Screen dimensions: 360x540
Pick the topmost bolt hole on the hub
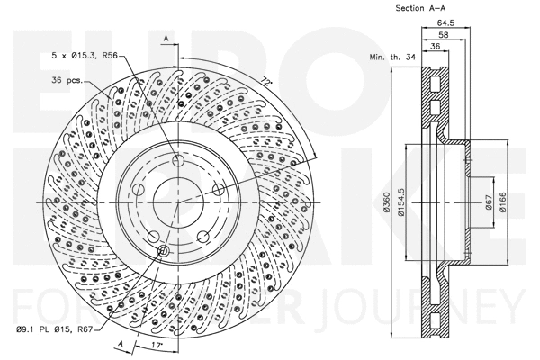(x=176, y=159)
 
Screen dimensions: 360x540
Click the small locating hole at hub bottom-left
(x=163, y=251)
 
